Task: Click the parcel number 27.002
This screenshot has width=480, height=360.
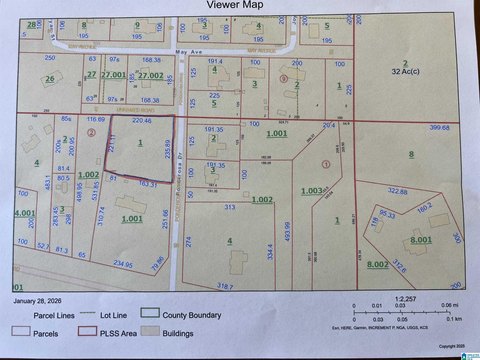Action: pyautogui.click(x=151, y=75)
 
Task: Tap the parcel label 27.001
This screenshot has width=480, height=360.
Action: pyautogui.click(x=115, y=75)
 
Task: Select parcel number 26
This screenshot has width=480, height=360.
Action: pyautogui.click(x=50, y=80)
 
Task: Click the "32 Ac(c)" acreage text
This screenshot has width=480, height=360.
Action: pyautogui.click(x=403, y=73)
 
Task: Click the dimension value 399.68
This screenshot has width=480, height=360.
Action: pyautogui.click(x=439, y=128)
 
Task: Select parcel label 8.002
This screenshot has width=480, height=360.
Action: pyautogui.click(x=377, y=262)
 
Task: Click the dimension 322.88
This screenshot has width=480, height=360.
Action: pyautogui.click(x=398, y=191)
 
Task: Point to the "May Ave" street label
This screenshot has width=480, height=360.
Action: pyautogui.click(x=181, y=48)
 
